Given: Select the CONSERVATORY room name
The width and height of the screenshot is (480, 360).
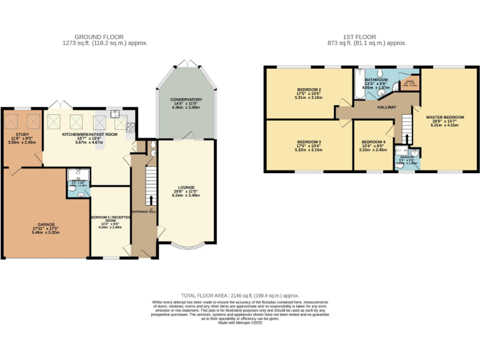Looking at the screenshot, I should [186, 99].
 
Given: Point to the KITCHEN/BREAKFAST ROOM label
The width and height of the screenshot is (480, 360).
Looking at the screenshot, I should [89, 134].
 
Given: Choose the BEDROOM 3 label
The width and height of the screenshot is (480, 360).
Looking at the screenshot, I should [309, 142].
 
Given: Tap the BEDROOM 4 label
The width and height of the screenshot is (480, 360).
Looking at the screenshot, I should [374, 142].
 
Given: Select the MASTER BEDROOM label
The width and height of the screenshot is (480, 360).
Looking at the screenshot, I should [444, 117].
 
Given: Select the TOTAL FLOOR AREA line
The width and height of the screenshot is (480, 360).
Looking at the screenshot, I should [240, 295].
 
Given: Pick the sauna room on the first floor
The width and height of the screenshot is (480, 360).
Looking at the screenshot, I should [410, 83].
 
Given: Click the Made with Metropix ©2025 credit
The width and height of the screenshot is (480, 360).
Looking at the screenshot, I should [240, 322].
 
